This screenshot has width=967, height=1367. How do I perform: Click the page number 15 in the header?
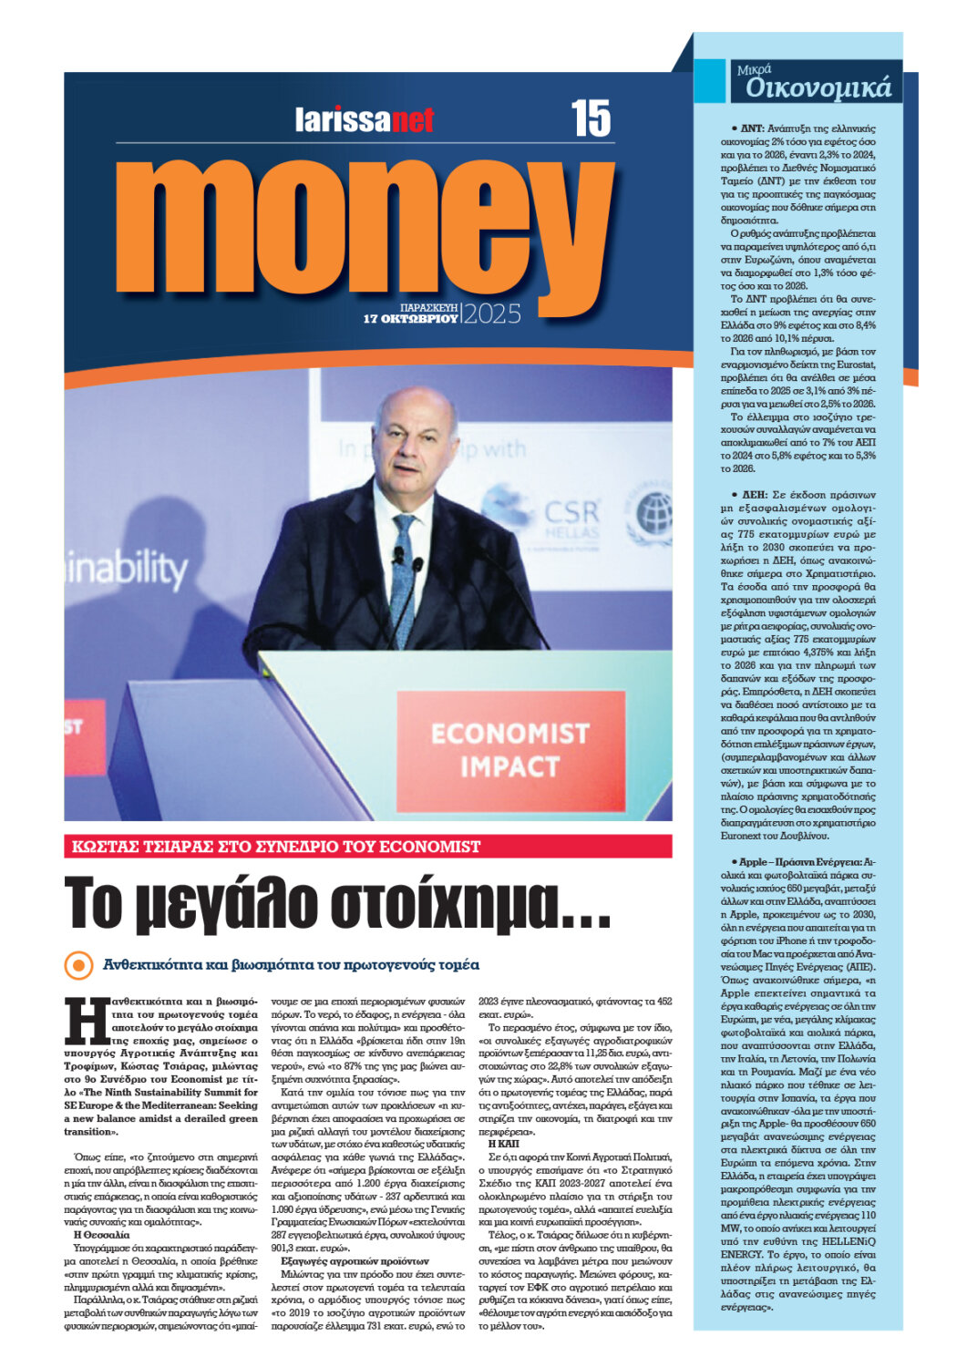tap(591, 118)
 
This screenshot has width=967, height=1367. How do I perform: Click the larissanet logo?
tap(364, 119)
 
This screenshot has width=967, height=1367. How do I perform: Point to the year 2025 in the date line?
tap(492, 314)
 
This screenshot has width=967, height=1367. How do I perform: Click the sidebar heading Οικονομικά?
tap(818, 87)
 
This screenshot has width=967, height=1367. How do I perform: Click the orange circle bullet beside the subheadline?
tap(79, 965)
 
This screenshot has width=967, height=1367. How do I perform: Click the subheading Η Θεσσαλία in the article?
tap(101, 1234)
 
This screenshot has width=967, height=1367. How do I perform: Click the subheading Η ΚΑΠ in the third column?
tap(503, 1143)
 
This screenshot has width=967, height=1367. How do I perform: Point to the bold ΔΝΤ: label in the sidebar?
tap(751, 129)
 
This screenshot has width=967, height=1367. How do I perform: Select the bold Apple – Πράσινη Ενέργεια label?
tap(795, 861)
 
